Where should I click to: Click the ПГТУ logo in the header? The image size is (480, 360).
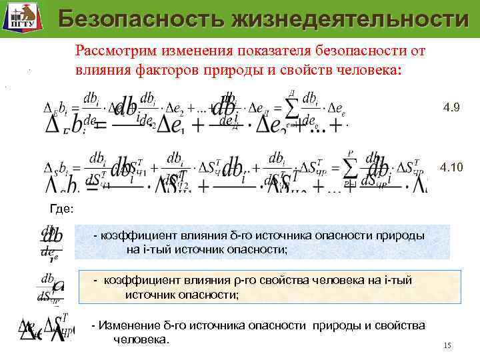[x=20, y=18]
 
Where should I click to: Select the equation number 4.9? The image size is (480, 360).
[x=451, y=107]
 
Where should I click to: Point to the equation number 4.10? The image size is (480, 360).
[x=451, y=167]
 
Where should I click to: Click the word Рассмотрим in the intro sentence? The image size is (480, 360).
[x=113, y=51]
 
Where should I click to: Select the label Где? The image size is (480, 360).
[x=62, y=209]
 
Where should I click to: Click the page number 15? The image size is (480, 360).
[x=447, y=345]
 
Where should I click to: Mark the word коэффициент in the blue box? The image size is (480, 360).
[x=137, y=236]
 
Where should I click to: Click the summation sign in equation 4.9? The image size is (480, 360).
[x=291, y=107]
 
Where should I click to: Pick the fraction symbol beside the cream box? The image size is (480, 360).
[x=51, y=287]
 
